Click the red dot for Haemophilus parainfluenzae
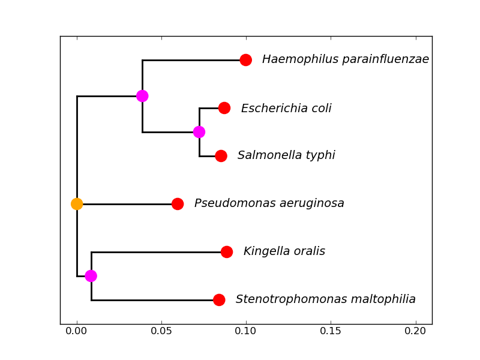(x=245, y=60)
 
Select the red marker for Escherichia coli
(x=224, y=108)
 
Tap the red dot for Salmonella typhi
(x=221, y=156)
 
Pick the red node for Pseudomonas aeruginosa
(x=178, y=204)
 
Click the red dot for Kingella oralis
(x=227, y=252)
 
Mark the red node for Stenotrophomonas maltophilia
(x=219, y=300)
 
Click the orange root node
(x=77, y=204)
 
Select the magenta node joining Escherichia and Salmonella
(x=199, y=132)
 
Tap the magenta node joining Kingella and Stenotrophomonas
(x=91, y=276)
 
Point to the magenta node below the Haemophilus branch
(x=142, y=96)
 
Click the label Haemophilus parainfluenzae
(x=345, y=60)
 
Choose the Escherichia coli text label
(x=286, y=109)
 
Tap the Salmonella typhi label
(x=286, y=156)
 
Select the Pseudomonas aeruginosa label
(x=269, y=204)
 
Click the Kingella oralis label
(x=284, y=252)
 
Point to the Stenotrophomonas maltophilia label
(x=326, y=299)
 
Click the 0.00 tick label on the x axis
(x=77, y=331)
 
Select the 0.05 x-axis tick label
(x=161, y=331)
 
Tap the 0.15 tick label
(x=331, y=331)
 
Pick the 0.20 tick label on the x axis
(x=415, y=331)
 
